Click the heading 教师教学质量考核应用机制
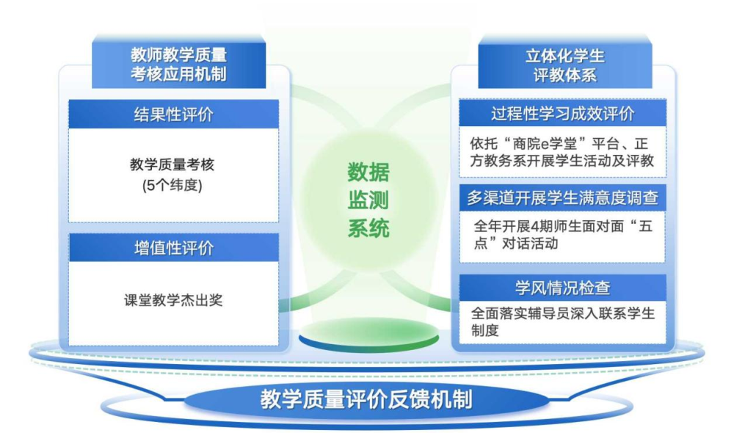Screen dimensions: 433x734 point(178,65)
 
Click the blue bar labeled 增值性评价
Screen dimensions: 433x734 point(173,247)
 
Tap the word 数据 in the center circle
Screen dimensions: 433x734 point(368,172)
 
